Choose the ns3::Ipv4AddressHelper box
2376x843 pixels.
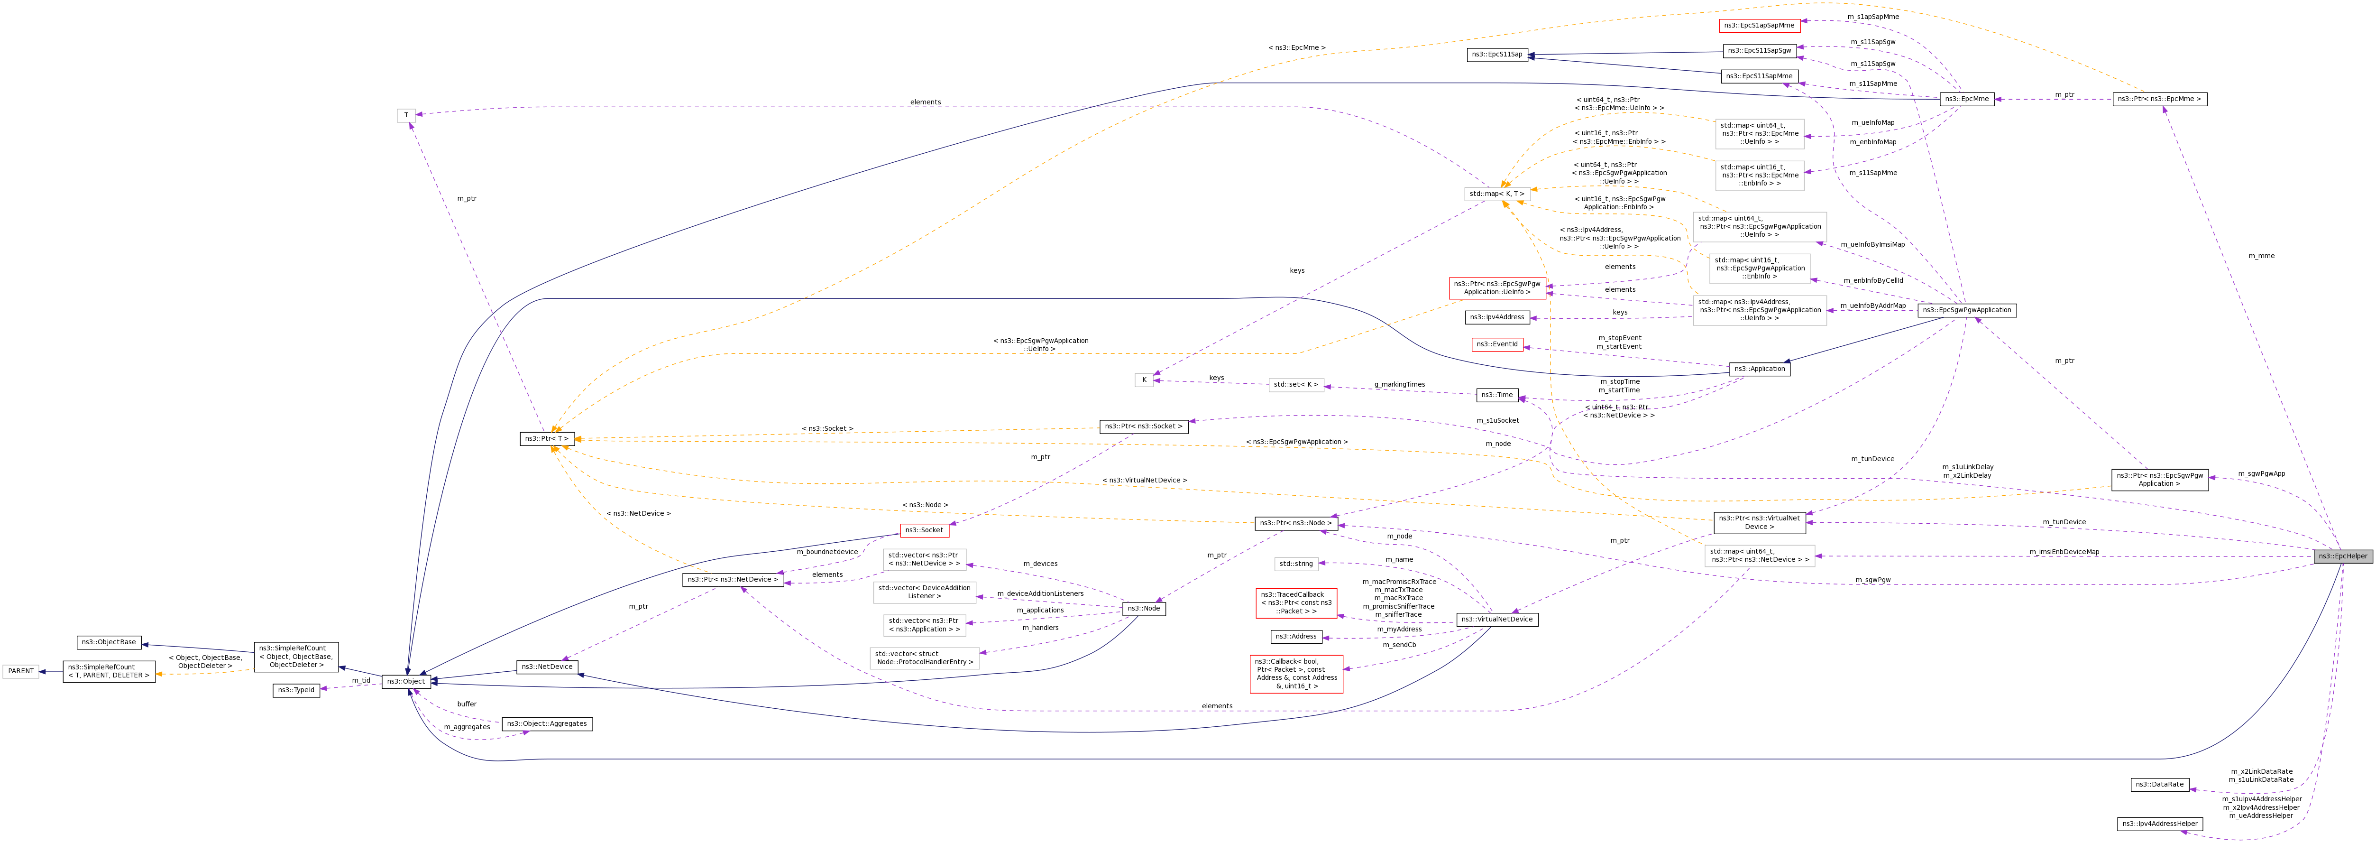(x=2159, y=824)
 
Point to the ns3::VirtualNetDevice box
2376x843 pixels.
(x=1497, y=619)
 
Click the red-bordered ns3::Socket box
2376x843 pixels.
(x=924, y=530)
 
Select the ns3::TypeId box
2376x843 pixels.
(x=296, y=690)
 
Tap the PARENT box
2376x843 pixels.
(x=20, y=671)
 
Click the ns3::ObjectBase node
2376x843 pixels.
(x=109, y=642)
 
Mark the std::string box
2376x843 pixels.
(x=1295, y=564)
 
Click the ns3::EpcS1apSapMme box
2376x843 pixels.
(x=1759, y=26)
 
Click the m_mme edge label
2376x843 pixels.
(x=2261, y=256)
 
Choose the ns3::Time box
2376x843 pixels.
(x=1497, y=395)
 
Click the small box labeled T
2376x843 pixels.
(x=406, y=115)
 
